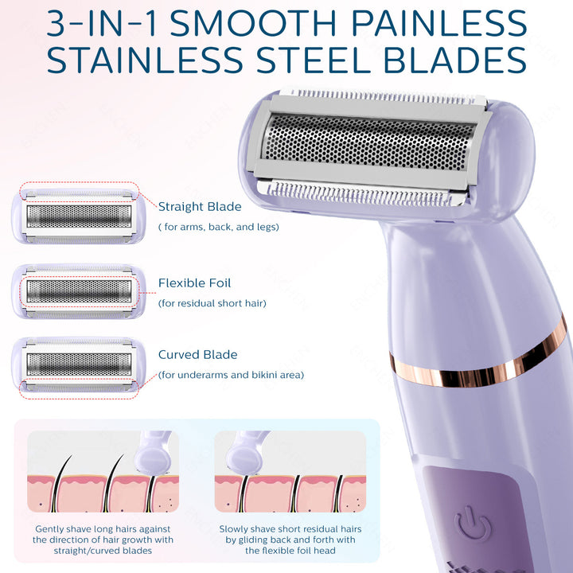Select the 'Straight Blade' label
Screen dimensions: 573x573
199,207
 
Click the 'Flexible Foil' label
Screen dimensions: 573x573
194,283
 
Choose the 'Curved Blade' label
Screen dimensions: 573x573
197,355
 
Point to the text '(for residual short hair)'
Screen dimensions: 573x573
212,303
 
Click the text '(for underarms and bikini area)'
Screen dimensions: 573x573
231,375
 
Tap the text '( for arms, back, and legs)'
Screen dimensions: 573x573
218,228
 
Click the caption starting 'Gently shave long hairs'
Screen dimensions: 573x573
103,540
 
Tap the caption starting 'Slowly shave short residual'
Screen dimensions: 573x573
290,540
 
